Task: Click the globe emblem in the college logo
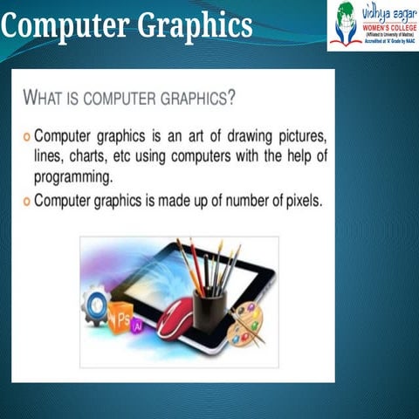tap(347, 23)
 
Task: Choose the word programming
tap(73, 177)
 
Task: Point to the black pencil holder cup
tap(210, 309)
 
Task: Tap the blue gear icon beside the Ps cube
tap(95, 308)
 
